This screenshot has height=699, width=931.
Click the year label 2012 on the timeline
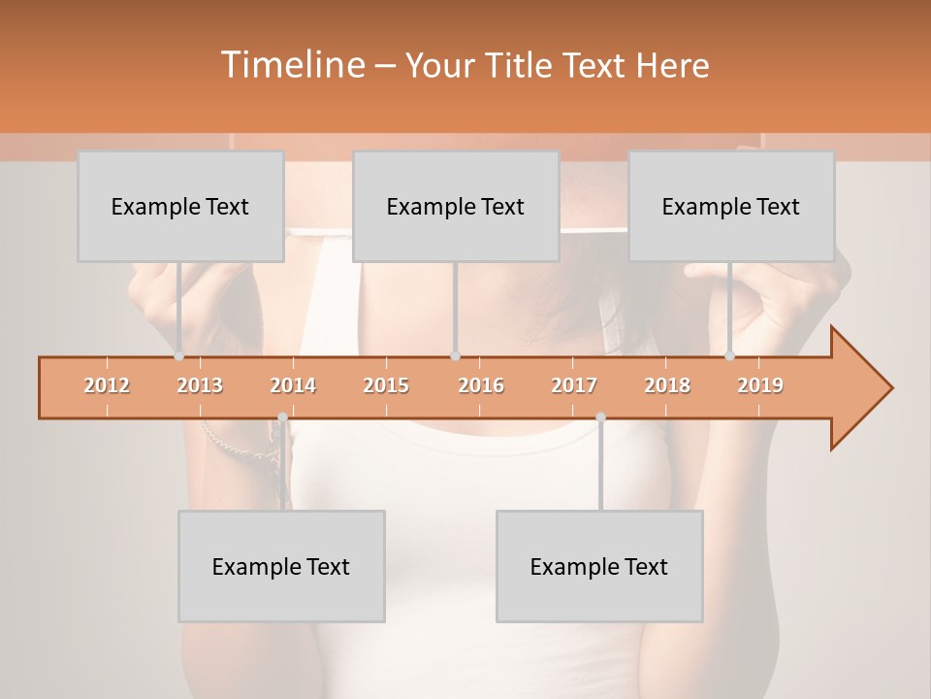pos(107,385)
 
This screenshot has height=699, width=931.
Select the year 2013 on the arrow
pos(200,385)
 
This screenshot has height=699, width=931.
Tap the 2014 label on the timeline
pos(293,385)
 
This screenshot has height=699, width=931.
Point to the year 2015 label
pos(386,385)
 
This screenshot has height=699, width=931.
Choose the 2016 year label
pos(481,385)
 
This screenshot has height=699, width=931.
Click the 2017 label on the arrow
pos(574,385)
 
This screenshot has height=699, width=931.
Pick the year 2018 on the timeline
pos(667,385)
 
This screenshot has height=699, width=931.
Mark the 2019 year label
pos(760,385)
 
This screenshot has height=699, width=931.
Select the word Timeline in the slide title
pos(291,65)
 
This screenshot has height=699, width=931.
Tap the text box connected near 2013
pos(180,207)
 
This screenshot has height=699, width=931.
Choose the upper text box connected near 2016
pos(456,207)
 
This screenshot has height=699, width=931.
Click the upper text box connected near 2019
pos(731,207)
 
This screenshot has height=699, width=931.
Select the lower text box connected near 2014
pos(281,567)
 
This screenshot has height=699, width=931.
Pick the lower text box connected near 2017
pos(599,567)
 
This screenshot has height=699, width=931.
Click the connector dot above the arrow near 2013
pos(179,356)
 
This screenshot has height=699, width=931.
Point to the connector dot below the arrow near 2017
pos(600,417)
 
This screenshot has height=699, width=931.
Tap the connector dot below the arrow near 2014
pos(282,417)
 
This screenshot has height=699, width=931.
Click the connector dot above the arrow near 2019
pos(730,356)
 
